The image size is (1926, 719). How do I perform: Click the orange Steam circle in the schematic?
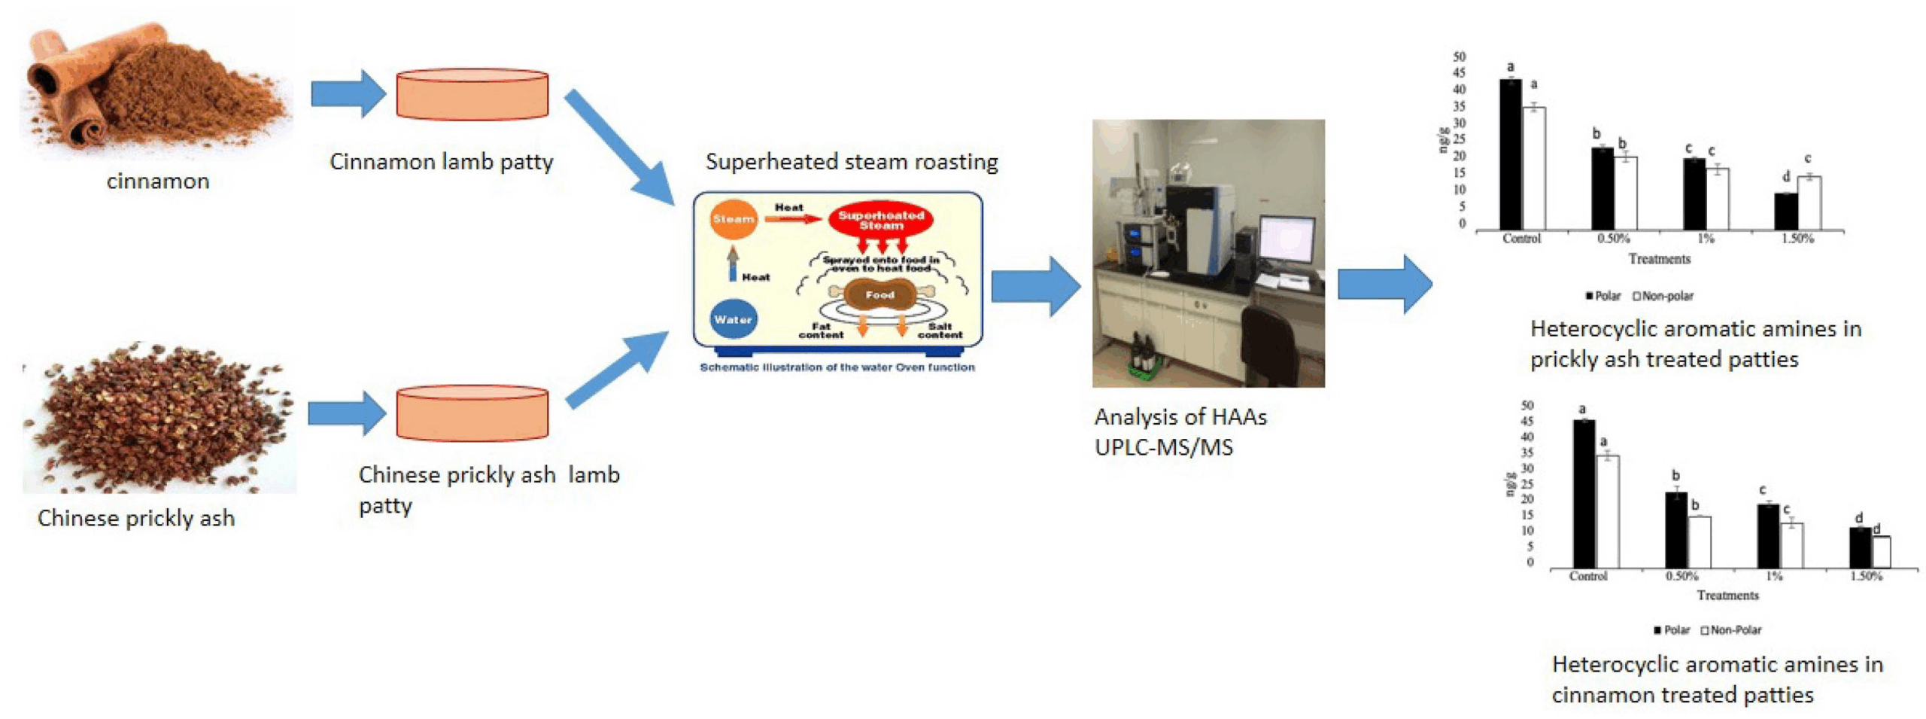click(x=732, y=219)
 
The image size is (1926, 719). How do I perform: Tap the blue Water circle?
click(x=732, y=319)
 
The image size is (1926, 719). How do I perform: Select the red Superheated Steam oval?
click(x=880, y=220)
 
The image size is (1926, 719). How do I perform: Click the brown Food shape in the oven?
click(x=879, y=295)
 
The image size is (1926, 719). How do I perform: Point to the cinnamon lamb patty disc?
click(x=472, y=95)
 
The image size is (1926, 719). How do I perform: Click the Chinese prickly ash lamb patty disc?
click(x=472, y=413)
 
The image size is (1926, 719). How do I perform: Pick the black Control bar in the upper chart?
click(x=1510, y=154)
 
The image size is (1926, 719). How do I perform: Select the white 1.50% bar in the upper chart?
click(x=1809, y=203)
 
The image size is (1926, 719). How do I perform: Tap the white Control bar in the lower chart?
click(x=1607, y=511)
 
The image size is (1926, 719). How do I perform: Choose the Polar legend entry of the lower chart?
click(x=1671, y=630)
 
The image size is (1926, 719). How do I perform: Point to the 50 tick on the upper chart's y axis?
click(x=1460, y=57)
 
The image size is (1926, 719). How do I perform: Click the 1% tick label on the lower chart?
click(x=1774, y=576)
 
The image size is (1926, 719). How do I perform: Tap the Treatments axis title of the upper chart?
click(x=1659, y=259)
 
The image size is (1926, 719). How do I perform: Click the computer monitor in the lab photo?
click(x=1287, y=239)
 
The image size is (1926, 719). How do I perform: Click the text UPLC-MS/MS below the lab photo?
click(x=1163, y=448)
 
